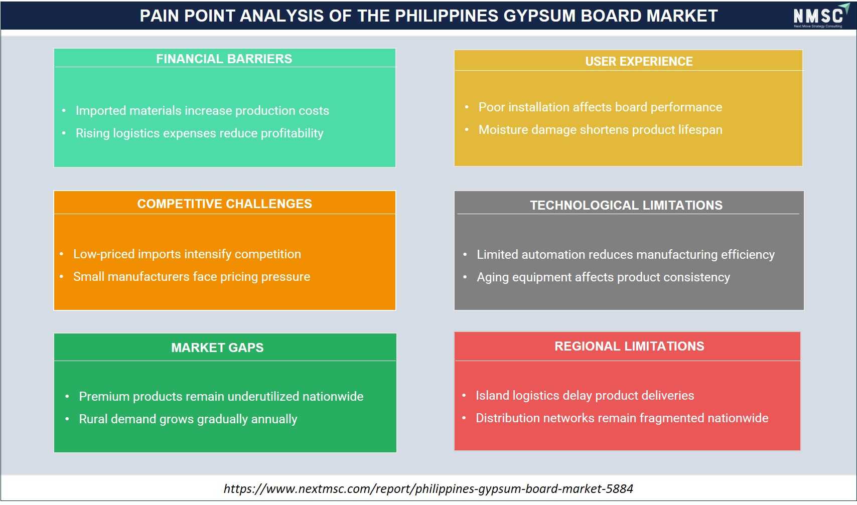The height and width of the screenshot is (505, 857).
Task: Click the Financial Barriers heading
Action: [224, 59]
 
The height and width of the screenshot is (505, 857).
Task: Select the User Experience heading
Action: [639, 61]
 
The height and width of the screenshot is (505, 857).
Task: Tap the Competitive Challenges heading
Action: [225, 204]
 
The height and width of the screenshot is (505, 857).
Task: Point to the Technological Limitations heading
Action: [626, 205]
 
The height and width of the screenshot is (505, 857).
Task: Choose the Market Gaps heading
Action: [217, 348]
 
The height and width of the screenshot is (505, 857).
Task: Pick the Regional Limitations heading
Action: [629, 346]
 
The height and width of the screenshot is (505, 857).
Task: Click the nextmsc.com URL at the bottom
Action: [428, 488]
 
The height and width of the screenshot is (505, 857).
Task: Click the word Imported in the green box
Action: [101, 111]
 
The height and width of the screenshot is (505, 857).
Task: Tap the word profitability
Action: [292, 133]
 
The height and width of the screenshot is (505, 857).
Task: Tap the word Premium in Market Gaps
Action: [104, 397]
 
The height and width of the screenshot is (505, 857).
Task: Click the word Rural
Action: [93, 419]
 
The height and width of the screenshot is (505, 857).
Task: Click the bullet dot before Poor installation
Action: [466, 107]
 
